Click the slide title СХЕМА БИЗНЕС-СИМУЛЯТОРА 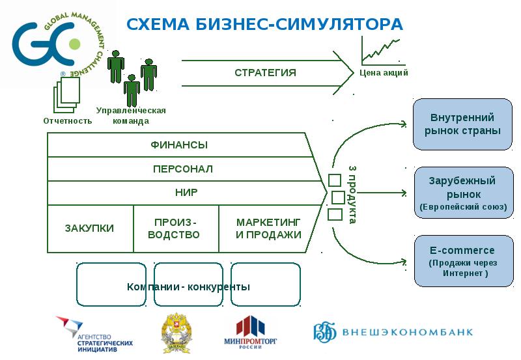264,25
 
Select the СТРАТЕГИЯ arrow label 265,72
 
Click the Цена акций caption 384,73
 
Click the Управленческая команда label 131,115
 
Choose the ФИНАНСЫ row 180,145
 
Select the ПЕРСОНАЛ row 182,169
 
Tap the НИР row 186,193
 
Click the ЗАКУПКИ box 90,228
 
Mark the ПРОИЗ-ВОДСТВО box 176,228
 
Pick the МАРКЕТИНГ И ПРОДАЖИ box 268,228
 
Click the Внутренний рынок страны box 462,124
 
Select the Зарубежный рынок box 462,193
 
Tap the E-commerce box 462,261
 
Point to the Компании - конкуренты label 188,287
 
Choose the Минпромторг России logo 251,333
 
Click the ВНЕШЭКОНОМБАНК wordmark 410,333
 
